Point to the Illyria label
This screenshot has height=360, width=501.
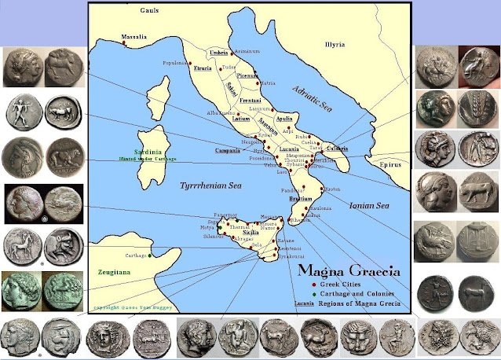click(335, 45)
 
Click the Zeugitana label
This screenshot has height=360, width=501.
click(115, 268)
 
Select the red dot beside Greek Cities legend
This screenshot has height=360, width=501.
click(313, 283)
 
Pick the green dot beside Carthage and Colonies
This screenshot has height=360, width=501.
click(313, 292)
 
